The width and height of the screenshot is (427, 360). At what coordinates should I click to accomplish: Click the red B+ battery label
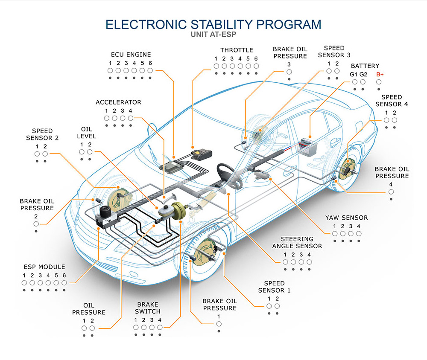pos(380,74)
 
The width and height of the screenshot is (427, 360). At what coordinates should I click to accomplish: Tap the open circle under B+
pos(379,81)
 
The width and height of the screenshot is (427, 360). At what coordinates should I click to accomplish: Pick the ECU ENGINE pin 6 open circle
pos(150,70)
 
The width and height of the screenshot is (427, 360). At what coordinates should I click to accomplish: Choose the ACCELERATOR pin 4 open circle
pos(130,118)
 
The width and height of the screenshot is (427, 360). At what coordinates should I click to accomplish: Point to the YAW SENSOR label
pos(346,218)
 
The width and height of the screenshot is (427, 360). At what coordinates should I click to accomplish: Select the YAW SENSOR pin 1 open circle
pos(335,233)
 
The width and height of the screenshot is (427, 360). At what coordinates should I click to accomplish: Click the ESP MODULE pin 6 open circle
pos(64,282)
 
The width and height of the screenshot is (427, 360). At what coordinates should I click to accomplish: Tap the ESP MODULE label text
pos(44,267)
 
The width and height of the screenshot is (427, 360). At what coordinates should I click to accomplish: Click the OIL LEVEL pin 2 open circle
pos(90,152)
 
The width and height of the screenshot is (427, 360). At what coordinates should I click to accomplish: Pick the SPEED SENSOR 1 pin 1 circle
pos(269,306)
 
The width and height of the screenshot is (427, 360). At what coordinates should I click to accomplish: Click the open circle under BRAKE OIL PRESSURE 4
pos(391,192)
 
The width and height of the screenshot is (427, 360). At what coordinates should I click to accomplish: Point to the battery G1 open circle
pos(354,81)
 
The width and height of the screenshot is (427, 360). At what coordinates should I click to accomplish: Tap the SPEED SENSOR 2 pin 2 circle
pos(45,154)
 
